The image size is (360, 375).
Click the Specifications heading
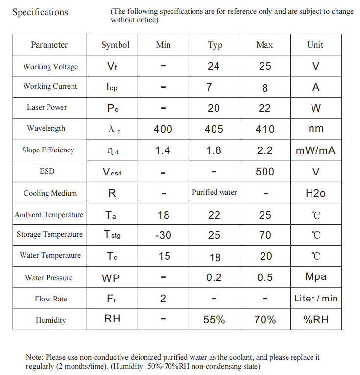[x=40, y=12]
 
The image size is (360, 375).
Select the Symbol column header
[x=116, y=45]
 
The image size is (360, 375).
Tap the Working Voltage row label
[x=50, y=66]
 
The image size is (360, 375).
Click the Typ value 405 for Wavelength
[x=214, y=129]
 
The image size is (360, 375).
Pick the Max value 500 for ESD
[x=265, y=171]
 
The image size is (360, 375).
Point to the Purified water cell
[x=214, y=192]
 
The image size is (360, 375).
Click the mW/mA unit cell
[x=316, y=150]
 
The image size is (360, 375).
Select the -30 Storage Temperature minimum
[x=163, y=235]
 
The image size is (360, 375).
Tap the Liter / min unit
[x=316, y=298]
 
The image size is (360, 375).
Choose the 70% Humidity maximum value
[x=265, y=320]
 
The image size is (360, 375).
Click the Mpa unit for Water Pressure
[x=316, y=276]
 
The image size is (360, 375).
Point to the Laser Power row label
[x=47, y=107]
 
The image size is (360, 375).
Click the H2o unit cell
[x=316, y=193]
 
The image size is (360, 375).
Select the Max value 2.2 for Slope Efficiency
[x=265, y=150]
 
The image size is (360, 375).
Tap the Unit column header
[x=315, y=45]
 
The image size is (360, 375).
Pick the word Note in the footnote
[x=34, y=357]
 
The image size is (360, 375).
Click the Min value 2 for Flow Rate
[x=163, y=298]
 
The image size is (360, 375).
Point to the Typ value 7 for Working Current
[x=209, y=87]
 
